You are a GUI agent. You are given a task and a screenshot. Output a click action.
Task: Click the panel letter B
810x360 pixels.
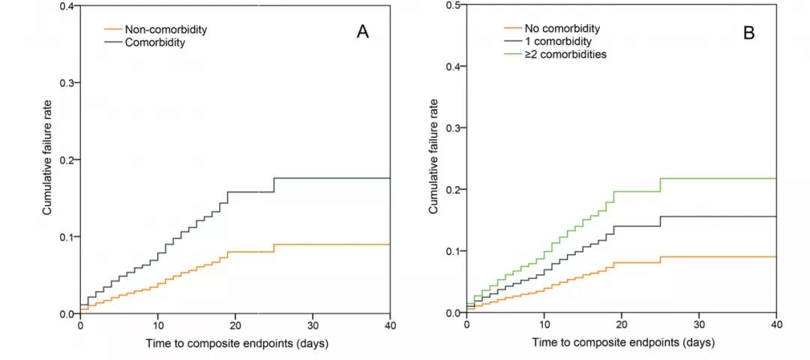748,32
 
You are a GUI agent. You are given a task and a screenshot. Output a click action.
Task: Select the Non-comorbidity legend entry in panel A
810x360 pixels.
165,30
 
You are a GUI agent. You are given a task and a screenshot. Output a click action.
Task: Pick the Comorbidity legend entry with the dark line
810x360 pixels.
154,43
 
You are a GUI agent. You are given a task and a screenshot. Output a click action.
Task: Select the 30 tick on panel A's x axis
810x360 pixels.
312,327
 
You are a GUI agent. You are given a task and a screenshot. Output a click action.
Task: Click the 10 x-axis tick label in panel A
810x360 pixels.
157,327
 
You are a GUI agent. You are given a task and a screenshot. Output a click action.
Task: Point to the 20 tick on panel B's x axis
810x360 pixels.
622,326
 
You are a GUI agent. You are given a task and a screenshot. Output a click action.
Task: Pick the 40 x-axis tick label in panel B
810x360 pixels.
776,326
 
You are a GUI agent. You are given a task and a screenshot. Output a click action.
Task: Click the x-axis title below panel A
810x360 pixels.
235,343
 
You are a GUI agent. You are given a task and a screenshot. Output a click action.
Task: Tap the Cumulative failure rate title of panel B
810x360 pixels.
433,159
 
